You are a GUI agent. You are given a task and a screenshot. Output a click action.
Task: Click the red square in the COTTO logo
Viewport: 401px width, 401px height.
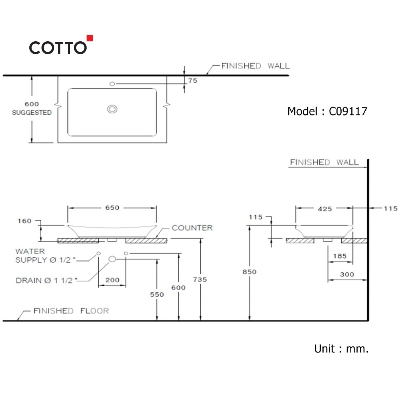point(90,38)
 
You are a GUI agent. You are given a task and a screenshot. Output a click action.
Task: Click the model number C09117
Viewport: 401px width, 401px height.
point(348,111)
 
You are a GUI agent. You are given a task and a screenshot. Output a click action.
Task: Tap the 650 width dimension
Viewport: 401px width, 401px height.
point(112,208)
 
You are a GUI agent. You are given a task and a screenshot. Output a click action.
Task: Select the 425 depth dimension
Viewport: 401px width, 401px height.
point(325,209)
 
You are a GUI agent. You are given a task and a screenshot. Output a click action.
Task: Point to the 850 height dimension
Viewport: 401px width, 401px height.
point(249,271)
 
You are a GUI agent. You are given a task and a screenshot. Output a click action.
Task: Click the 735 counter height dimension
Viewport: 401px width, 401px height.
point(200,279)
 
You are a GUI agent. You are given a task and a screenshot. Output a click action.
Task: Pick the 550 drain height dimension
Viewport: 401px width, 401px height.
point(157,294)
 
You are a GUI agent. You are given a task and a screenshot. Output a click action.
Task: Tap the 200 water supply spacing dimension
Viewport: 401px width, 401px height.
point(112,280)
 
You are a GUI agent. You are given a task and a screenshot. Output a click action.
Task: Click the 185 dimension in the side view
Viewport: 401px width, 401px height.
point(340,256)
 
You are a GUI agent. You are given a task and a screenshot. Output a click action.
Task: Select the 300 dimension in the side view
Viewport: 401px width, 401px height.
point(347,274)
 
